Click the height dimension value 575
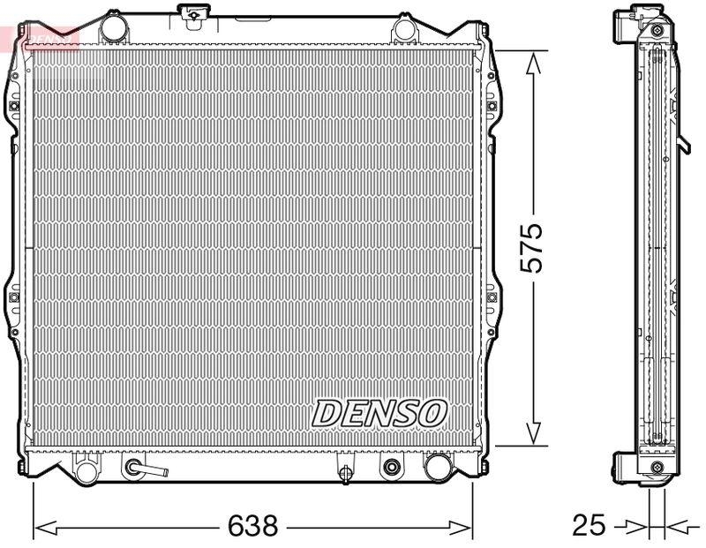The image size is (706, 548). coord(531,248)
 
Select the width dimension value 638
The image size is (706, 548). coord(252,526)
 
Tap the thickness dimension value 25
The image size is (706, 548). coord(589,526)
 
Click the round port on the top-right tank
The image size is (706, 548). coord(405,29)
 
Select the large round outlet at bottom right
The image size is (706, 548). coord(437,466)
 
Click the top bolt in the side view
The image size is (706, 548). coord(656,29)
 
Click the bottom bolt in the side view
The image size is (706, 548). coord(656,467)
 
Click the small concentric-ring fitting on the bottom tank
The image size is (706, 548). coord(390,467)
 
